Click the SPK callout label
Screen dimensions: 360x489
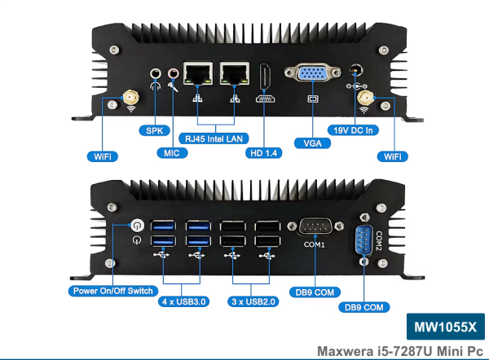point(151,130)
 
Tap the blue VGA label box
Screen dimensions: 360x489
point(311,142)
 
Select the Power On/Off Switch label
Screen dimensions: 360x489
point(112,291)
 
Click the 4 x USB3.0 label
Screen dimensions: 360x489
point(186,301)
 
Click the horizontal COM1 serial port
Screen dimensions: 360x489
point(315,227)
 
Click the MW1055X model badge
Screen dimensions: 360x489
point(444,327)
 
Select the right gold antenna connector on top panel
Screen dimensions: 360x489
point(366,99)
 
